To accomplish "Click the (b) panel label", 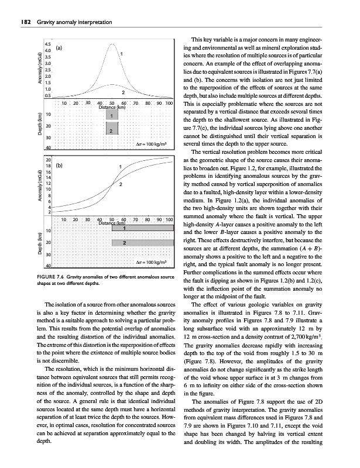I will [60, 166].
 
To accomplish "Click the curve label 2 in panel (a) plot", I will [123, 92].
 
